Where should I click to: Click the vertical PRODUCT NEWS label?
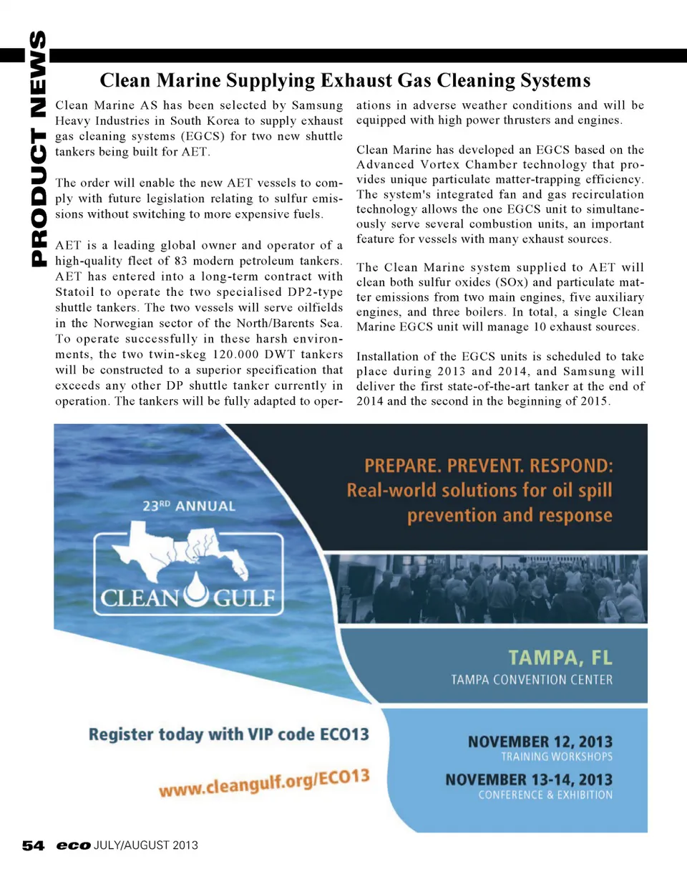point(38,149)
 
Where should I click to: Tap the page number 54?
point(33,845)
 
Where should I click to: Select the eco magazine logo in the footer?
point(73,845)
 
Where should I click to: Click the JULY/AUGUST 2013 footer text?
point(146,845)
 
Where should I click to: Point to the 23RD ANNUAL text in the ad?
point(189,506)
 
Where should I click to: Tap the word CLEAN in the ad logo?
point(140,598)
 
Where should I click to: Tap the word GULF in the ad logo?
point(244,598)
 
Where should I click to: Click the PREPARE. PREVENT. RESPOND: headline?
point(488,466)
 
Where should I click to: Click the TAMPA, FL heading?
point(560,658)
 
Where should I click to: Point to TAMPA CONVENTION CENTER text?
point(532,679)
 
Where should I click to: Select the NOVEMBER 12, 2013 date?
point(540,742)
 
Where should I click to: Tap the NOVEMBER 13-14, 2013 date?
point(529,780)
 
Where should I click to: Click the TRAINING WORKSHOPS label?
point(557,757)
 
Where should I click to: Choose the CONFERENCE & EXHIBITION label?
point(545,795)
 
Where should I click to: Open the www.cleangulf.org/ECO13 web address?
point(264,782)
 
